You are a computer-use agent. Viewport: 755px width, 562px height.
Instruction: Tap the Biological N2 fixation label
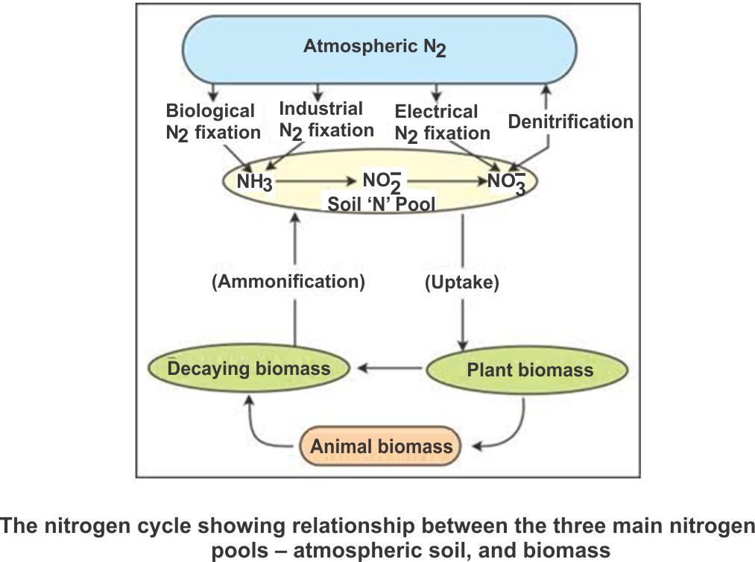tap(212, 122)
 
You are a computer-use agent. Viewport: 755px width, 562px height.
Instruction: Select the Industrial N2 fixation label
tap(326, 119)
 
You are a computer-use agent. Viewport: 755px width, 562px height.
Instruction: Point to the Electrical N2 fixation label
tap(441, 123)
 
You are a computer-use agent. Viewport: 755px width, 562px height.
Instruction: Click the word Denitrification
tap(570, 121)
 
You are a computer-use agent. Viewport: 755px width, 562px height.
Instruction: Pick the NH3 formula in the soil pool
tap(254, 182)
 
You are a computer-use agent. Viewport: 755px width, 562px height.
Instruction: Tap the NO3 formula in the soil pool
tap(505, 182)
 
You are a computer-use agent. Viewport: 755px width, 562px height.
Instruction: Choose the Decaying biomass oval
tap(249, 368)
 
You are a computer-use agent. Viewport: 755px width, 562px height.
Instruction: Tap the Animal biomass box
tap(381, 446)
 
